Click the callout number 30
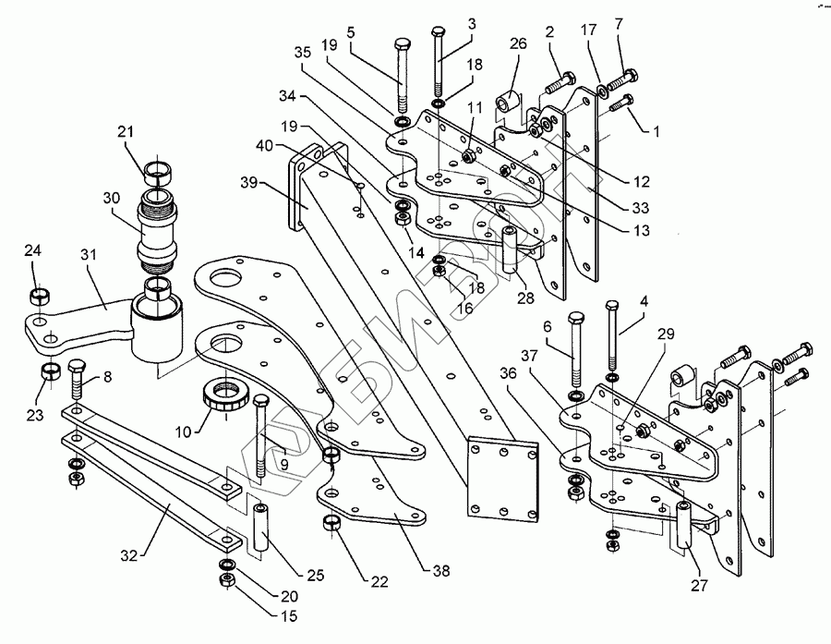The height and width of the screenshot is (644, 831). pyautogui.click(x=112, y=198)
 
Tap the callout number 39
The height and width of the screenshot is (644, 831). pyautogui.click(x=249, y=183)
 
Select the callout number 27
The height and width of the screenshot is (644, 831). pyautogui.click(x=699, y=586)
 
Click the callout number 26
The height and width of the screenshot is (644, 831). pyautogui.click(x=518, y=43)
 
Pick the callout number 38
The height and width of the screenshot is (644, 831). pyautogui.click(x=441, y=571)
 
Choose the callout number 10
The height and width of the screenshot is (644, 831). pyautogui.click(x=183, y=432)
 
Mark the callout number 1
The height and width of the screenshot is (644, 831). pyautogui.click(x=656, y=131)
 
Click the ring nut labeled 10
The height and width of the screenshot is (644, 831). pyautogui.click(x=225, y=398)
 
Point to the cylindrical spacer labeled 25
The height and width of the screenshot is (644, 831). pyautogui.click(x=260, y=529)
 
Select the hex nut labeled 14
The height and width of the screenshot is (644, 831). pyautogui.click(x=404, y=219)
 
